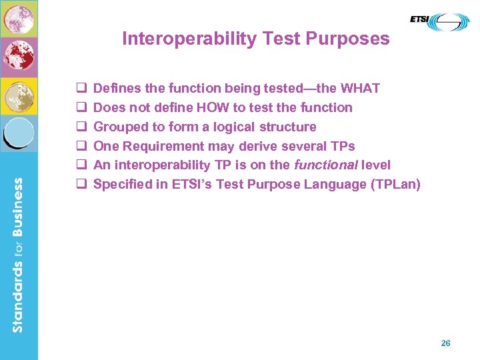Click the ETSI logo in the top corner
click(x=439, y=22)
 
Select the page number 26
click(x=446, y=343)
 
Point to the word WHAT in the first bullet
click(x=360, y=88)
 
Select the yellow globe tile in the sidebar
click(x=19, y=96)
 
